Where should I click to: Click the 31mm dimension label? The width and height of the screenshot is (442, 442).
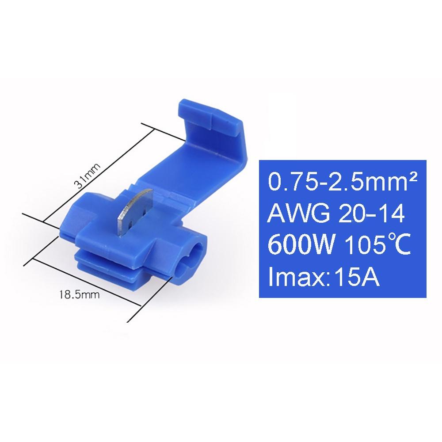click(x=88, y=176)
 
